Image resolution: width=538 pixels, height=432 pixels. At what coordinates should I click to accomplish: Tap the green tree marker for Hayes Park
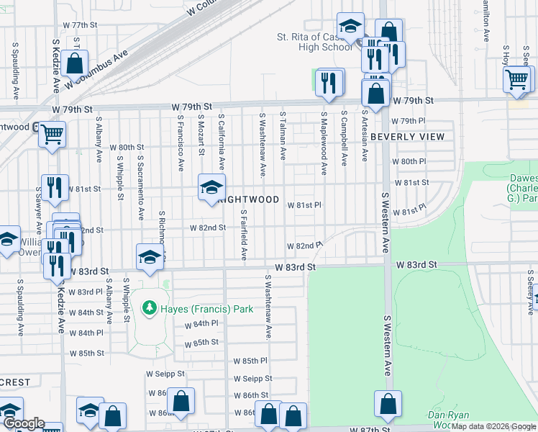tap(150, 309)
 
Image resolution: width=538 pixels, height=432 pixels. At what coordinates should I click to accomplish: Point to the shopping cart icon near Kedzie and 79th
tap(52, 133)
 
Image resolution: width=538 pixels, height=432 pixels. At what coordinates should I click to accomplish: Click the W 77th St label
tap(80, 24)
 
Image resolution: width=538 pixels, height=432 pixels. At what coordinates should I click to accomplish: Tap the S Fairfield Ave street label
tap(244, 235)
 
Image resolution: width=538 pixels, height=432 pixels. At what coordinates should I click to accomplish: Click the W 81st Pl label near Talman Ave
tap(304, 205)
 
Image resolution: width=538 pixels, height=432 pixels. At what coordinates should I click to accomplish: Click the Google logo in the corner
tap(23, 424)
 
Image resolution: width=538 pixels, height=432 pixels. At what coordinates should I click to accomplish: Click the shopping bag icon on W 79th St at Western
tap(375, 93)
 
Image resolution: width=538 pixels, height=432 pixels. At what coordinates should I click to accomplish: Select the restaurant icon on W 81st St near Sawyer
tap(55, 187)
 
